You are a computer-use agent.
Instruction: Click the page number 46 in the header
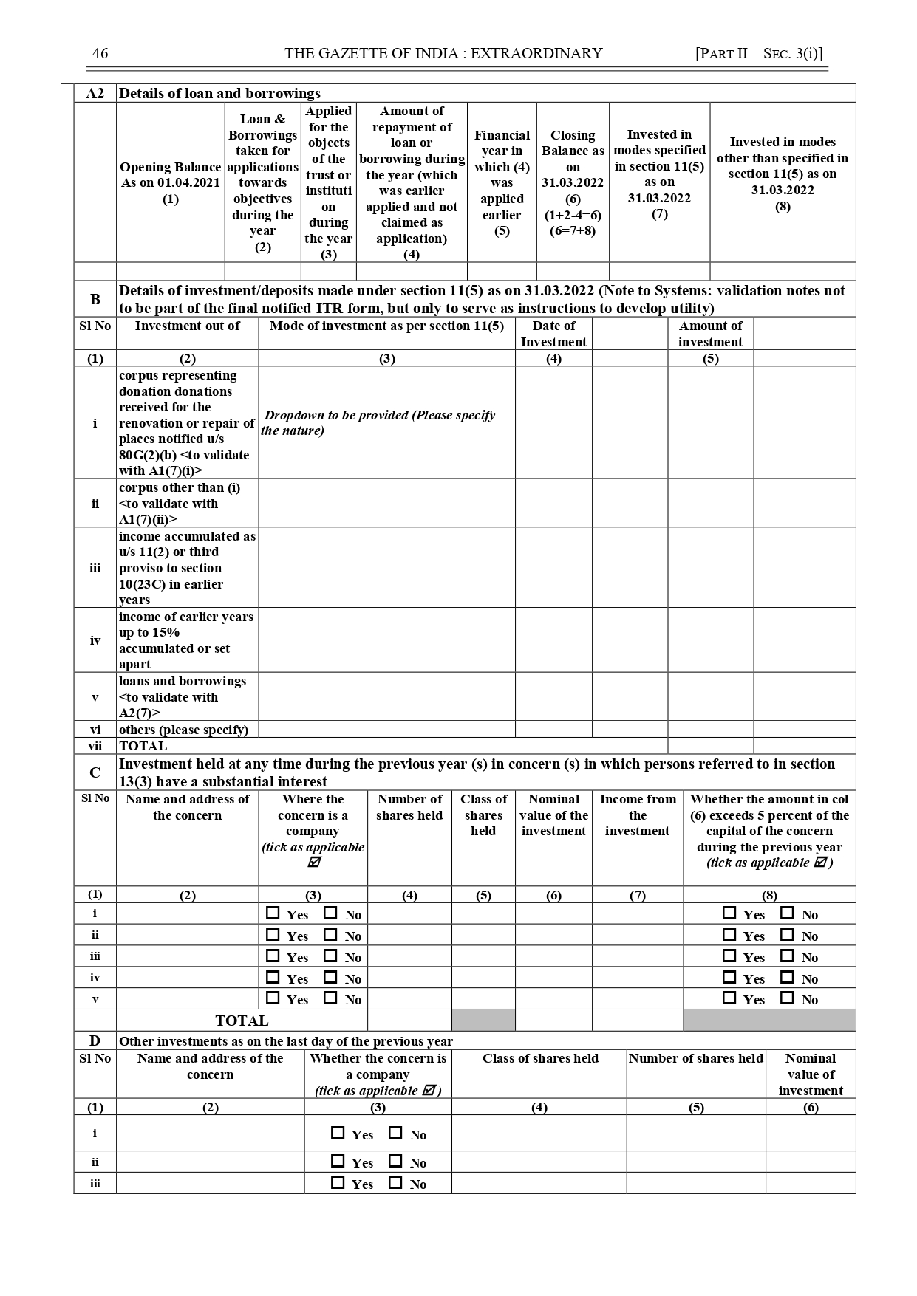100,53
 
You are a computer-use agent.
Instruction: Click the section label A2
95,94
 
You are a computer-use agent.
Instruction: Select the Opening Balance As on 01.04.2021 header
170,182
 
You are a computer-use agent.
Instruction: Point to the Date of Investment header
553,334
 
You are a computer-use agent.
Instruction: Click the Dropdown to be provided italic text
379,422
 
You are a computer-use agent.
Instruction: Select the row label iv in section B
95,640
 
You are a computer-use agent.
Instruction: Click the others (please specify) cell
184,730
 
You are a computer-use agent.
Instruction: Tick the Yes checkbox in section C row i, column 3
273,913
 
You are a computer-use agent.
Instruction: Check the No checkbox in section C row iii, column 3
330,956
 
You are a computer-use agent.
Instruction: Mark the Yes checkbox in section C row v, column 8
729,998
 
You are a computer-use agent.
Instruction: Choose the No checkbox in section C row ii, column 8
787,935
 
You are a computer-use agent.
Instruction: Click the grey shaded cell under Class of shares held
483,1021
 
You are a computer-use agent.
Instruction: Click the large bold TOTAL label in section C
242,1021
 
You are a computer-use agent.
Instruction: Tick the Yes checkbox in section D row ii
338,1162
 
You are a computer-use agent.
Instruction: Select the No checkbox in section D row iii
395,1183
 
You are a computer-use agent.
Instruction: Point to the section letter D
95,1041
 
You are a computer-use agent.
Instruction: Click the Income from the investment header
637,815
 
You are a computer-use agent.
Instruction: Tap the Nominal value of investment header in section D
811,1074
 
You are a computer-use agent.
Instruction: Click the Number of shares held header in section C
409,807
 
